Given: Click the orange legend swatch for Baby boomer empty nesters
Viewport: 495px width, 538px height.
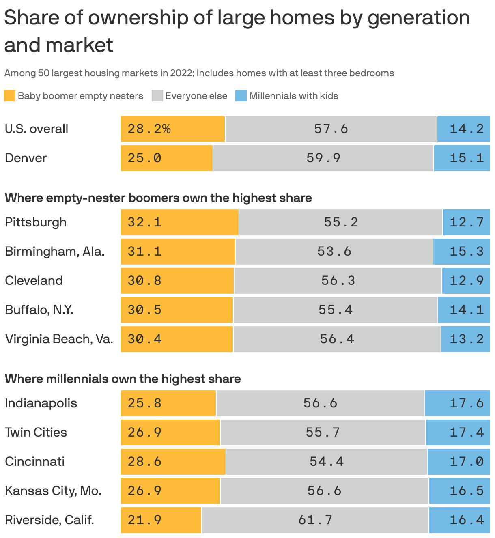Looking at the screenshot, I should tap(10, 96).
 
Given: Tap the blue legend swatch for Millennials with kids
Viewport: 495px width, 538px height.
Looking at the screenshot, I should tap(241, 96).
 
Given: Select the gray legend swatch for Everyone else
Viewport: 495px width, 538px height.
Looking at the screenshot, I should tap(157, 96).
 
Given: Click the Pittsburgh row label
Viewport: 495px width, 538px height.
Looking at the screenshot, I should tap(36, 222).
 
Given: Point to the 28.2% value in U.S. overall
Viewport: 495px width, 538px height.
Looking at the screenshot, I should tap(149, 129).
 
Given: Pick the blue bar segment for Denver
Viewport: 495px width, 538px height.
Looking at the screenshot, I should tap(462, 158).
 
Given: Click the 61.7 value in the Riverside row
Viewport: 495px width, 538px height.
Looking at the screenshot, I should tap(315, 520).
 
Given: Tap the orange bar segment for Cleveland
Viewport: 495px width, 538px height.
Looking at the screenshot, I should tap(177, 281).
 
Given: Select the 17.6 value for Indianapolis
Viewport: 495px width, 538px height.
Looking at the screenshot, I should tap(467, 403).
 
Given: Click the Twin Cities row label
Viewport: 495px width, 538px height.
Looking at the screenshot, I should tap(36, 432).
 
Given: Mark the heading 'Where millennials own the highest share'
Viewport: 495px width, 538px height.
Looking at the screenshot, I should tap(123, 379).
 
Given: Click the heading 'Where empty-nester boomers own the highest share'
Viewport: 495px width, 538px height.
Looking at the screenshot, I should tap(158, 198).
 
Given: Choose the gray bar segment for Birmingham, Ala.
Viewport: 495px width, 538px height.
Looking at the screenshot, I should tap(334, 252).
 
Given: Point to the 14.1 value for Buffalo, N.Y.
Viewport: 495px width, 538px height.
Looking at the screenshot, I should tap(467, 310).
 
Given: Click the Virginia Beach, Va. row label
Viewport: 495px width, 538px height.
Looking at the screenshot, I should tap(59, 339).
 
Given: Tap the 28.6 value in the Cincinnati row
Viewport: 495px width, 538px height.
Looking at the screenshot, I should tap(144, 461).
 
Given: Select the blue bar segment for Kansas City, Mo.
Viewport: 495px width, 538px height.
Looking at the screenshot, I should tap(459, 491).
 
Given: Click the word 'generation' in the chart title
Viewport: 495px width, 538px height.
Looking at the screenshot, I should tap(419, 18).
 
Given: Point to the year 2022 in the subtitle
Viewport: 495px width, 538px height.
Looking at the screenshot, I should tap(182, 73).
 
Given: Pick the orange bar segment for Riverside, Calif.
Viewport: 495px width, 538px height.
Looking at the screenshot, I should tap(161, 520).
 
